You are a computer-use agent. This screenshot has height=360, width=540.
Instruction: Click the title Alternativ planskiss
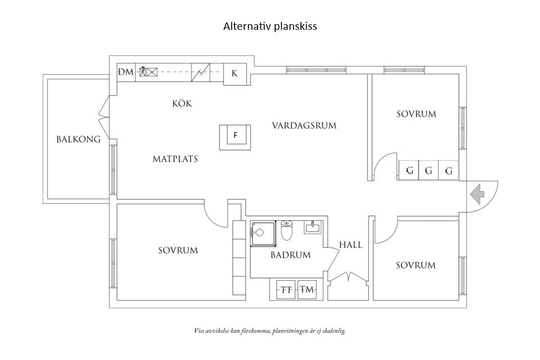coord(270,26)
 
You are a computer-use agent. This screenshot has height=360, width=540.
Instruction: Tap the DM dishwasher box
coord(125,72)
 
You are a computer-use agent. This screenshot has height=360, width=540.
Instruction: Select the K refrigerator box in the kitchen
coord(235,73)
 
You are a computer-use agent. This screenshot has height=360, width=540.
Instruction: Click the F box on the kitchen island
coord(236,135)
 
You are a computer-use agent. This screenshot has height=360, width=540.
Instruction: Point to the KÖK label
coord(182,103)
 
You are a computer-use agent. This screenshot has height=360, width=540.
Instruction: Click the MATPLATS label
coord(175,159)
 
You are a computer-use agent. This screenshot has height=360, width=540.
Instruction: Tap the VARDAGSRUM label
coord(304,125)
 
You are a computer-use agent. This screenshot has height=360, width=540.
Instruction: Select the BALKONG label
coord(78,139)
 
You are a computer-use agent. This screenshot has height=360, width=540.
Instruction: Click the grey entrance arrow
coord(478,194)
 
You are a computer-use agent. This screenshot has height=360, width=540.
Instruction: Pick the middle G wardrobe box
coord(429,170)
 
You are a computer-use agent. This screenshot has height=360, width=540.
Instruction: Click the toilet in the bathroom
coord(287,231)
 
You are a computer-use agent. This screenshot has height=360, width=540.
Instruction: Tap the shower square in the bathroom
coord(262,233)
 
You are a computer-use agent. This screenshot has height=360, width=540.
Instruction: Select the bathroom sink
coord(313,227)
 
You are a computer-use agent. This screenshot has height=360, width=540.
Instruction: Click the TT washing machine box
coord(287,290)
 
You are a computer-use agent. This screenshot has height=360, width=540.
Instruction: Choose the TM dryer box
coord(307,290)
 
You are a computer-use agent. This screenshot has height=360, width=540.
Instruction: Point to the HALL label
coord(350,245)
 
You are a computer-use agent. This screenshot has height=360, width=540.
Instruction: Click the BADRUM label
coord(290,255)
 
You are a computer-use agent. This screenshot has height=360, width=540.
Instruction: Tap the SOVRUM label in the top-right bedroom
coord(416,114)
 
